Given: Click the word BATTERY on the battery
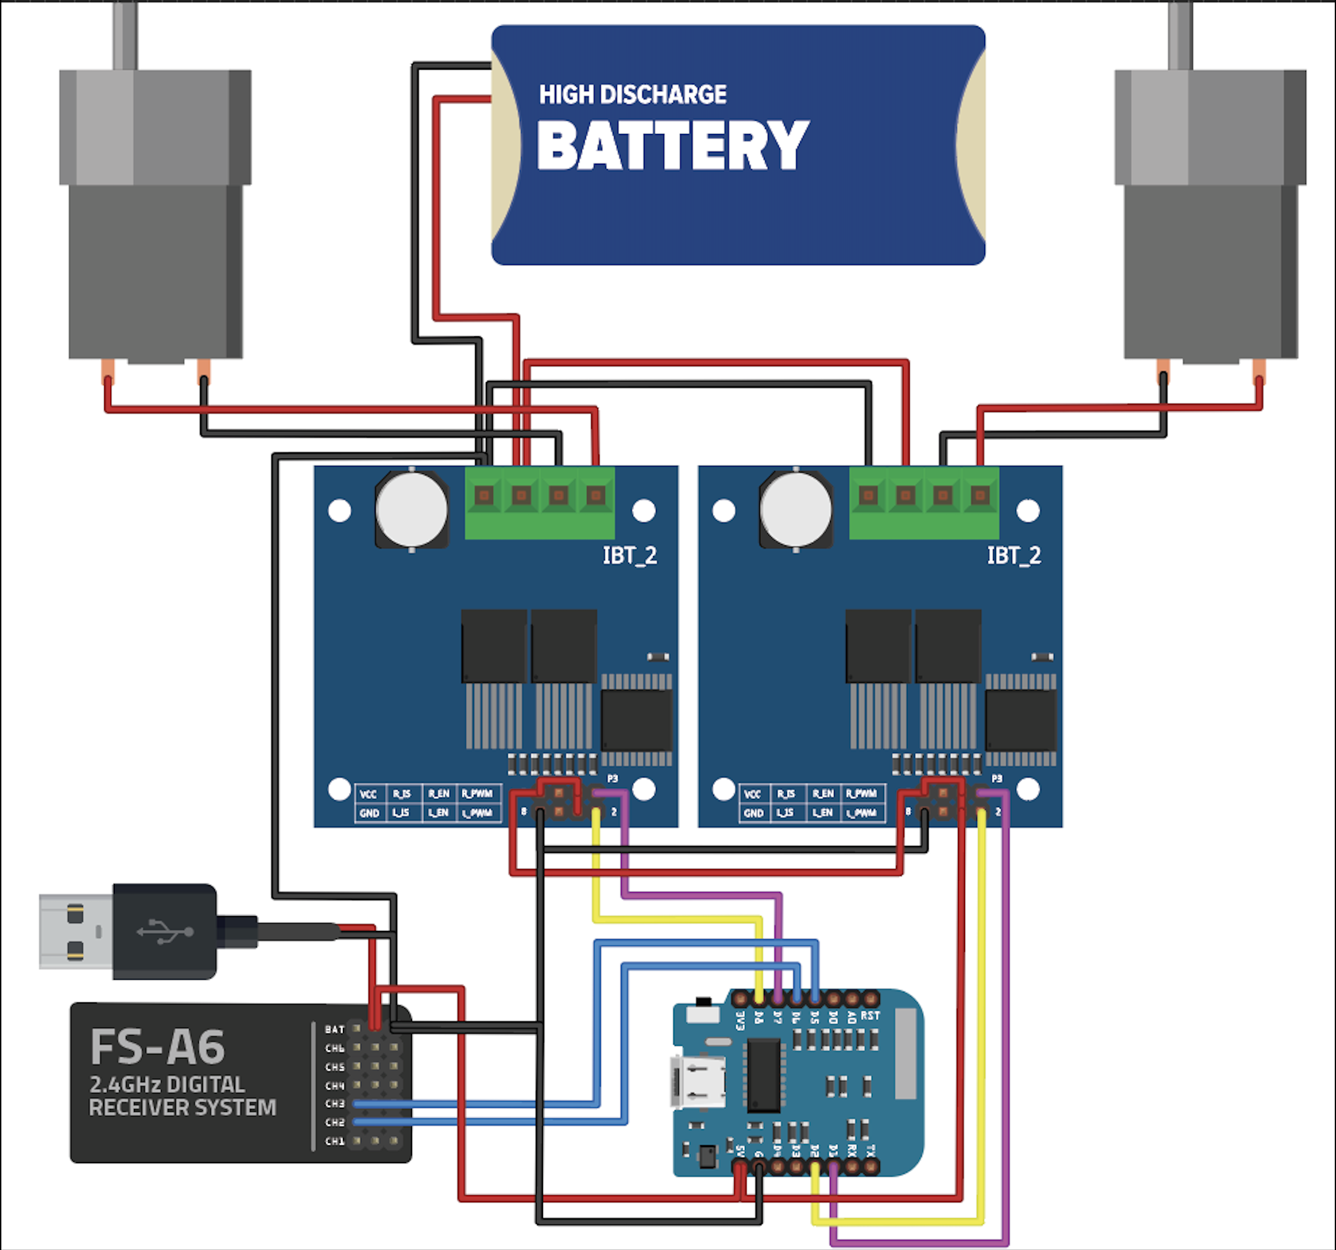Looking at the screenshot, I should point(673,146).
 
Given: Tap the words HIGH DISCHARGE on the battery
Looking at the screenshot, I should point(632,94).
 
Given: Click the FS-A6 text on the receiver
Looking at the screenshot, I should point(157,1048).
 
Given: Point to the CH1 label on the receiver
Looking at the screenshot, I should point(335,1141).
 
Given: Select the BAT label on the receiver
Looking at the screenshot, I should point(335,1030).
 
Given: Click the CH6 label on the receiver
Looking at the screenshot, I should point(335,1048).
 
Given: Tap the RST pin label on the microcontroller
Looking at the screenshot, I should point(870,1015).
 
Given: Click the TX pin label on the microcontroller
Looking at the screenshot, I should point(870,1150).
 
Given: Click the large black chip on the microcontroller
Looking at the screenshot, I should point(764,1075).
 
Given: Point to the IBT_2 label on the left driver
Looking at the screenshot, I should point(630,556).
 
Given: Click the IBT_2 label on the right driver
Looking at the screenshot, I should point(1014,556).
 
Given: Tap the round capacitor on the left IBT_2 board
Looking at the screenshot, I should point(412,509).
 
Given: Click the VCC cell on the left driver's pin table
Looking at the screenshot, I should point(369,795).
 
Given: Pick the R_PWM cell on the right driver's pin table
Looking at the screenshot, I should point(861,793).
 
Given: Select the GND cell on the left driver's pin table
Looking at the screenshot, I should point(369,813).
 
